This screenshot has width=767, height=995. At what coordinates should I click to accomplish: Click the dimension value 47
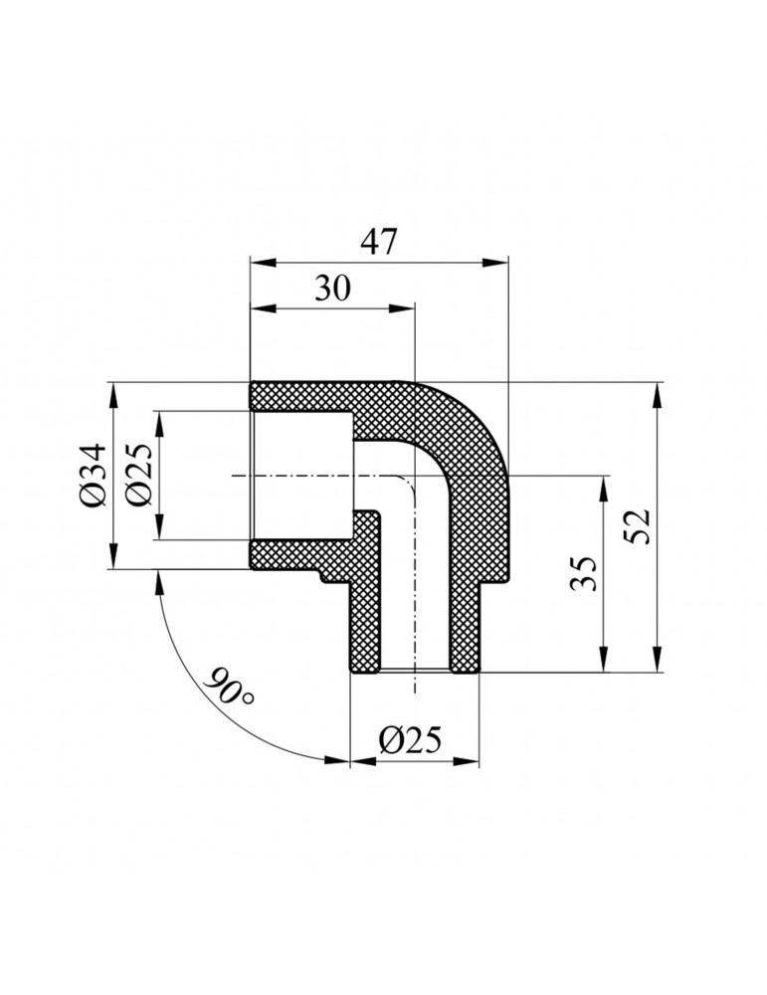[x=378, y=242]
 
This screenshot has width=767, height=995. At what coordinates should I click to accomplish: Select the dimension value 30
[x=332, y=289]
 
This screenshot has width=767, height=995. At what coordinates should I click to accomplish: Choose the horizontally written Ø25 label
[x=411, y=740]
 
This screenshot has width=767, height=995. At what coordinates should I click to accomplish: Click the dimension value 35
[x=586, y=574]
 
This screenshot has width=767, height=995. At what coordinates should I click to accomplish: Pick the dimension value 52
[x=638, y=526]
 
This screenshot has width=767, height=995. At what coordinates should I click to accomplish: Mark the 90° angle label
[x=230, y=690]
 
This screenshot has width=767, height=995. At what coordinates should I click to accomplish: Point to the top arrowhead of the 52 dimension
[x=657, y=392]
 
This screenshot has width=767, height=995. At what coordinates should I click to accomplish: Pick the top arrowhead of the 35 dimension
[x=603, y=488]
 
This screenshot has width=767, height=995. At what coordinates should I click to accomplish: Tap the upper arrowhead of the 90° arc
[x=157, y=580]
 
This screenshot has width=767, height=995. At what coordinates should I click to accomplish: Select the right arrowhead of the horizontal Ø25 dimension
[x=474, y=762]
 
